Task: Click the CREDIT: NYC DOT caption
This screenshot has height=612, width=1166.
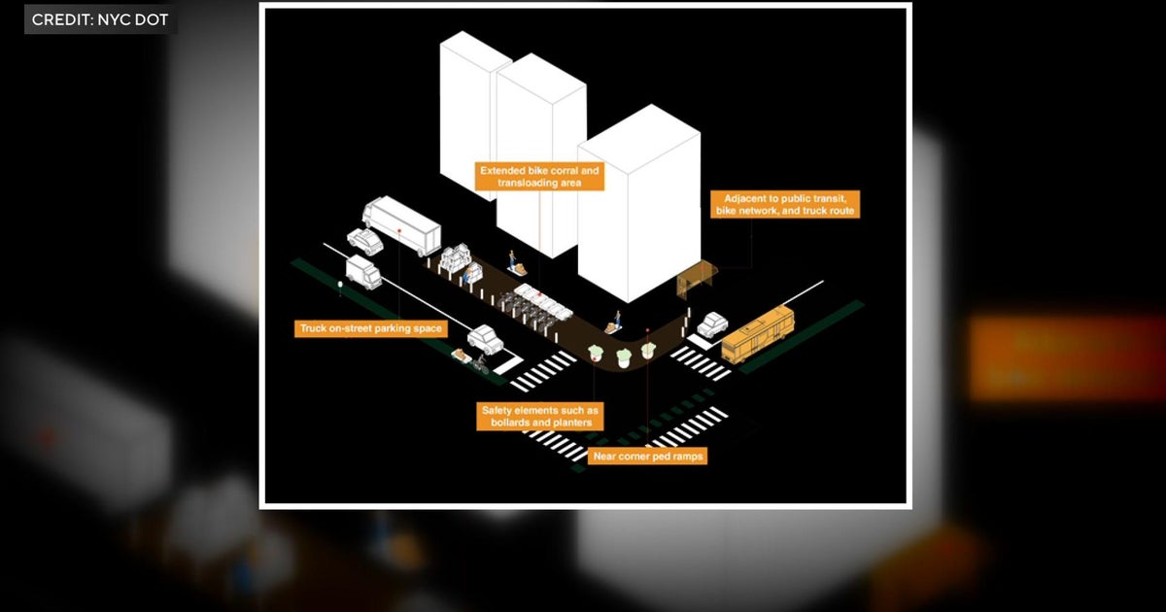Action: [x=100, y=19]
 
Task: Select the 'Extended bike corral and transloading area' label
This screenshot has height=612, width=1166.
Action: [x=539, y=177]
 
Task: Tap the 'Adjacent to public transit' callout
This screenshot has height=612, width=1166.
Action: [x=785, y=205]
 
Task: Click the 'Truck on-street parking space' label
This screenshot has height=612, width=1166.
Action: [x=370, y=328]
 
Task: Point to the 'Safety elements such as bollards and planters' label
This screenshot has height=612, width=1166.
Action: [x=540, y=417]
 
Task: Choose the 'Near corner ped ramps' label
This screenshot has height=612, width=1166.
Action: [x=648, y=457]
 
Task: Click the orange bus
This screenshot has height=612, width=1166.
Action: [x=757, y=333]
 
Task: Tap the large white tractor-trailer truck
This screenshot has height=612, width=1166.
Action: [x=402, y=224]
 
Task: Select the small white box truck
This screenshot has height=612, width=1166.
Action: [x=363, y=272]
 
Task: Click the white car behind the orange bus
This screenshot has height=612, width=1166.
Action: [x=712, y=324]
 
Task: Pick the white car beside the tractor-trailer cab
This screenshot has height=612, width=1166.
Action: [x=365, y=242]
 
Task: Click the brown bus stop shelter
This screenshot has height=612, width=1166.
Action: [x=697, y=280]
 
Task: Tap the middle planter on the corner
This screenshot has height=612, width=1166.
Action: [x=624, y=357]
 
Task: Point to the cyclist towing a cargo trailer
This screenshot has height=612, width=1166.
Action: [x=471, y=360]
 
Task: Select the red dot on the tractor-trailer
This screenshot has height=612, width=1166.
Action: [x=399, y=230]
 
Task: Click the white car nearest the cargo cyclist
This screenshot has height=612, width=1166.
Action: [x=485, y=339]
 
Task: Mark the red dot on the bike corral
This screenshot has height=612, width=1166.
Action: [x=540, y=294]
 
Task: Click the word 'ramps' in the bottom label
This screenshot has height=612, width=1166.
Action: [x=688, y=457]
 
